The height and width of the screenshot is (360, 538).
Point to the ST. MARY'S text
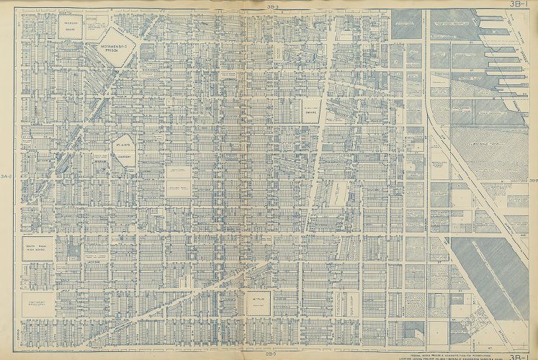click(x=121, y=144)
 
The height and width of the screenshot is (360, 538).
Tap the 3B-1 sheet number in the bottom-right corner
click(x=519, y=354)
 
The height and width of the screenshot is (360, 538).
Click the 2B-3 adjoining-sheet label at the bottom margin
click(x=270, y=354)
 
